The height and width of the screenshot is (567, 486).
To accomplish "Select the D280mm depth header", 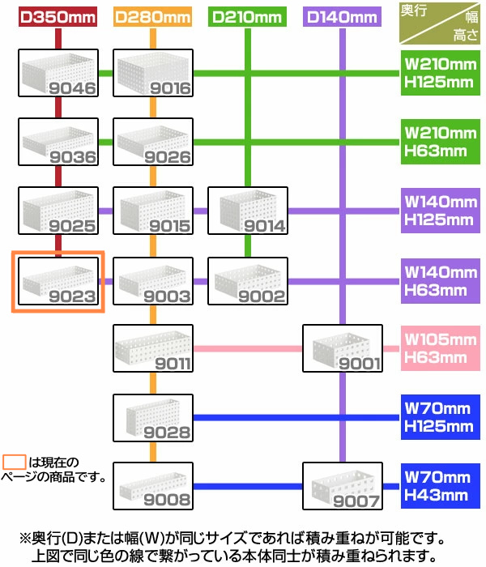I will click(152, 15).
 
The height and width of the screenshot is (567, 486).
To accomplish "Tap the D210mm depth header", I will click(248, 15).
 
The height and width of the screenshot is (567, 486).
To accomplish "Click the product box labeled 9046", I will click(58, 74).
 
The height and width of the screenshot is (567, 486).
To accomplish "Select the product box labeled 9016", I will click(153, 74).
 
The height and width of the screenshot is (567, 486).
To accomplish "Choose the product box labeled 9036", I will click(58, 142).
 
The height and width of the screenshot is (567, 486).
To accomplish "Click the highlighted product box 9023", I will click(58, 280).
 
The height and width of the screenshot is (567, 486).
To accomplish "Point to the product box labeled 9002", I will click(248, 280).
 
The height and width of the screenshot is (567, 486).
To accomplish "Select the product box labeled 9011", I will click(153, 349).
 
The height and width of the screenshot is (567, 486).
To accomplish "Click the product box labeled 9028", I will click(153, 418).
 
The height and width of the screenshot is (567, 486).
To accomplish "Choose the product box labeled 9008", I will click(153, 487).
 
